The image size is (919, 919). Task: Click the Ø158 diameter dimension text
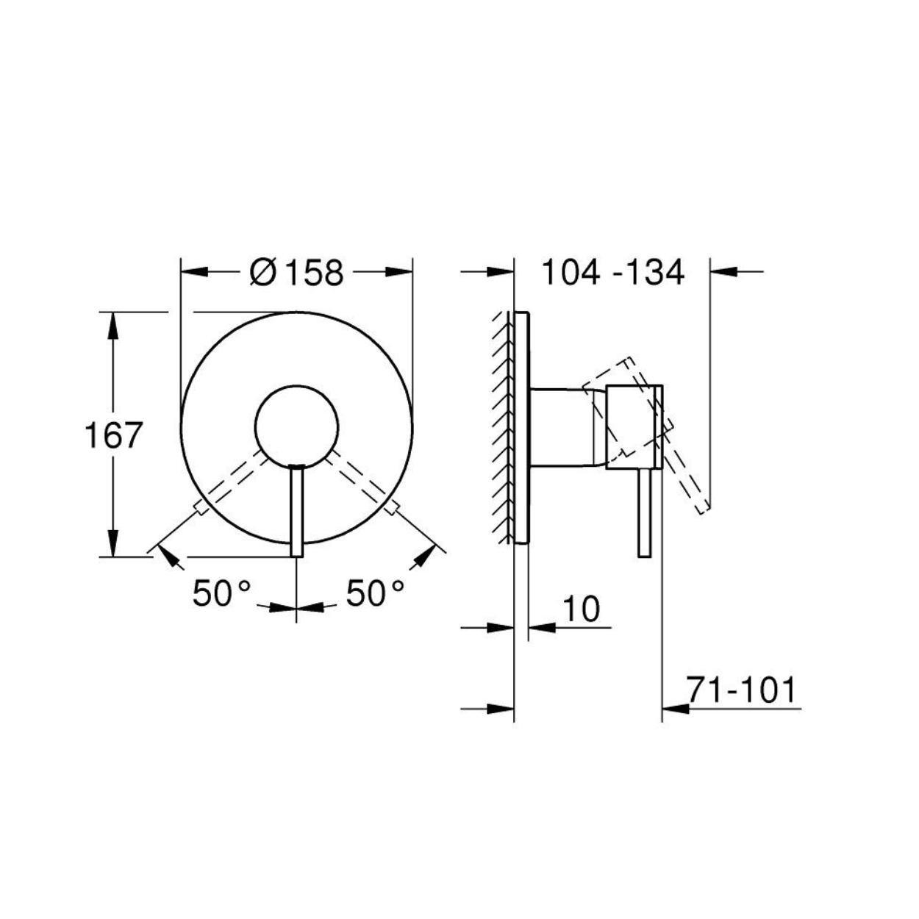[296, 273]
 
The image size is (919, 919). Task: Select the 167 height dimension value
[113, 435]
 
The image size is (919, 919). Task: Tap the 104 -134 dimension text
[613, 273]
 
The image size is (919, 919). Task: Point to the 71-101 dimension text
[742, 690]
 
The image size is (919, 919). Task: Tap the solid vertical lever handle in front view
[296, 511]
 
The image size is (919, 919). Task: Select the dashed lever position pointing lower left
[233, 482]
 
